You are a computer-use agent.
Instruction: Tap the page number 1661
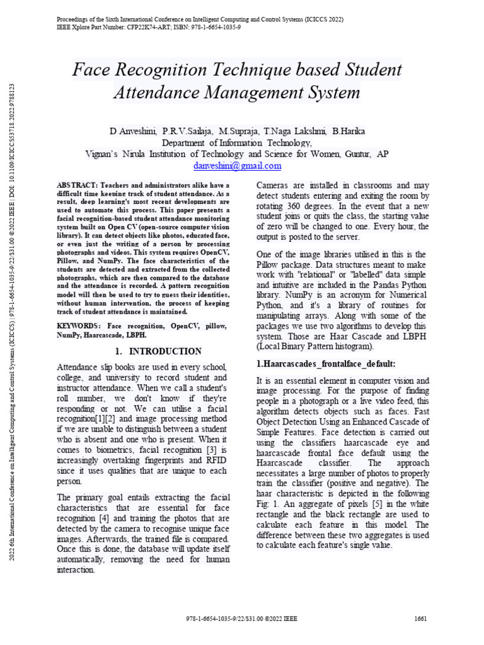pos(421,619)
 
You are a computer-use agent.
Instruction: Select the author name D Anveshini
pos(133,131)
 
